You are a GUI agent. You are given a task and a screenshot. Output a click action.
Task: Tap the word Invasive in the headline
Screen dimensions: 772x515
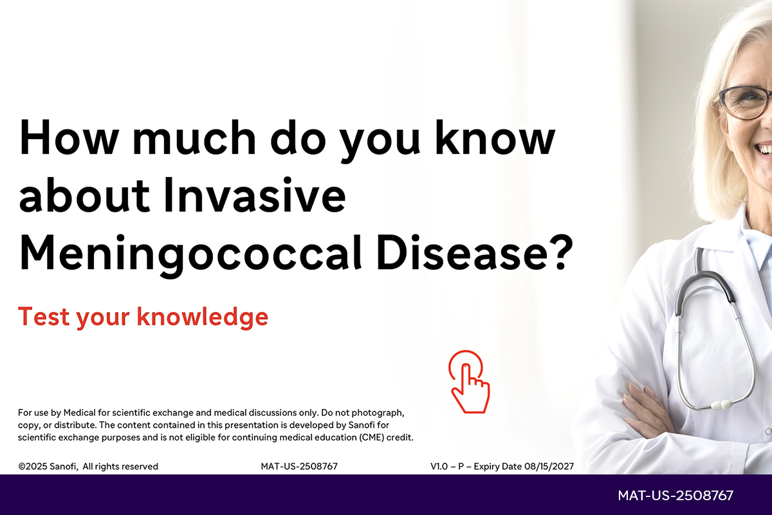(254, 195)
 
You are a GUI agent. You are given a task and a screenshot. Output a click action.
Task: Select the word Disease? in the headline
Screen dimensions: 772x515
(475, 252)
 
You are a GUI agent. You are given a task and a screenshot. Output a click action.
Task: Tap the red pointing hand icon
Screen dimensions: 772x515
(469, 382)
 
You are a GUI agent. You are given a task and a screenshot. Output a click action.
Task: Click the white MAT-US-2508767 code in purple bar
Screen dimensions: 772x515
(675, 496)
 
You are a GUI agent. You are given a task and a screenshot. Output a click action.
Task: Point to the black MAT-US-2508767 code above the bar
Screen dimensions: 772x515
(299, 466)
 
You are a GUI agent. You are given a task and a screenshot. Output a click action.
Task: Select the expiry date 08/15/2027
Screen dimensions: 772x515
(549, 466)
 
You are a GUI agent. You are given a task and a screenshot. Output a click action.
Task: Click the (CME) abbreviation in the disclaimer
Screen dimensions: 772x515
(372, 437)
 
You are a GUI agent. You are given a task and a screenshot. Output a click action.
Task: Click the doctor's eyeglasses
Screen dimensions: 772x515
(744, 102)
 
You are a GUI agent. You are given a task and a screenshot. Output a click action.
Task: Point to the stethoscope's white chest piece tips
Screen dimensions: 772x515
(722, 405)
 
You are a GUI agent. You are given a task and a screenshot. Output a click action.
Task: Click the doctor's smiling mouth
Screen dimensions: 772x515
(763, 149)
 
